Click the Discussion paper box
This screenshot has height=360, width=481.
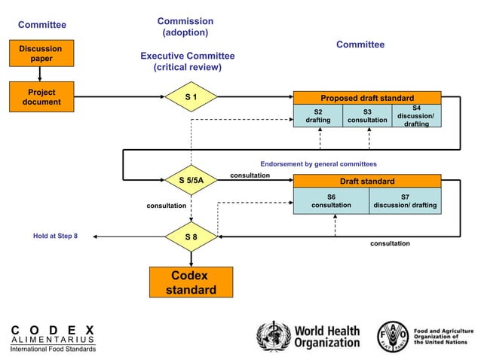(41, 53)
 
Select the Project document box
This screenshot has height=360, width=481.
(41, 97)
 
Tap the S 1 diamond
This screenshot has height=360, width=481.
(191, 97)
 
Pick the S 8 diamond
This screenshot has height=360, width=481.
(191, 236)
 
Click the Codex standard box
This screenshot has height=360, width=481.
(191, 283)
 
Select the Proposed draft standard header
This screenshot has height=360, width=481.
(366, 98)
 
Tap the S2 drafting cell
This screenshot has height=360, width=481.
(317, 116)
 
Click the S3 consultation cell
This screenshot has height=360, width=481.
(367, 116)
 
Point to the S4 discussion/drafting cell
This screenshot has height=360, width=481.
(416, 115)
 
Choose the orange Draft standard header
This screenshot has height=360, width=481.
(366, 181)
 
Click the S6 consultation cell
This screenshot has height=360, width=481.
(331, 201)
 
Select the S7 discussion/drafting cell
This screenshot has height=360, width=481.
(405, 201)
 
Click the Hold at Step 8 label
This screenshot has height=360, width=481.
(55, 236)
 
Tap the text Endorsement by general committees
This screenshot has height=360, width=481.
(318, 163)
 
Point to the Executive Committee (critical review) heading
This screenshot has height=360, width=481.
(187, 62)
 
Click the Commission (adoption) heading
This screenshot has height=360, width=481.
(185, 27)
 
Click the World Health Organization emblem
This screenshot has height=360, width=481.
(273, 336)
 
